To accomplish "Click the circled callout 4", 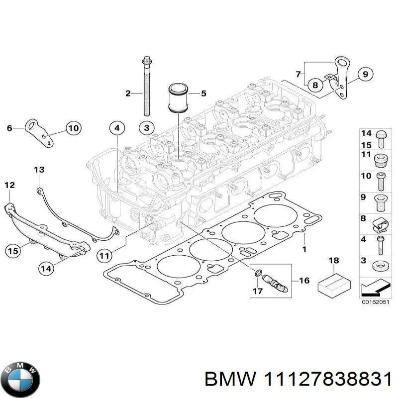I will coord(116,128).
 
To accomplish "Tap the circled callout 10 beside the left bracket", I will coord(73,128).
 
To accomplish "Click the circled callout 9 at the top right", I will coord(365,74).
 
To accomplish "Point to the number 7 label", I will coord(298,74).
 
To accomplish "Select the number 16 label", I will coord(304,281).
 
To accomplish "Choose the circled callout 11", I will coord(103,256).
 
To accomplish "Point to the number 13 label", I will coord(39,170).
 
